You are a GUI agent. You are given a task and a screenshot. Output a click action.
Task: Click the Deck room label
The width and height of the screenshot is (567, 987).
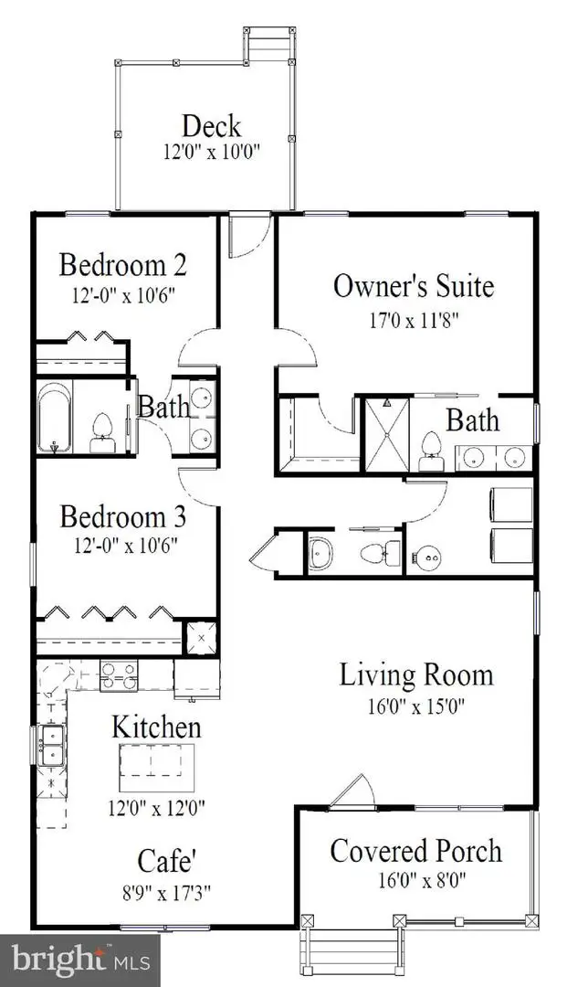coord(211,126)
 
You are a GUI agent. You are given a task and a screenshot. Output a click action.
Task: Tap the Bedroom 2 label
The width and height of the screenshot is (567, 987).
coord(123,265)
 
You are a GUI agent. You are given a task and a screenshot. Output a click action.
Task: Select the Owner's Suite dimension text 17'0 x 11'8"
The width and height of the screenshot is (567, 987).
coord(414,321)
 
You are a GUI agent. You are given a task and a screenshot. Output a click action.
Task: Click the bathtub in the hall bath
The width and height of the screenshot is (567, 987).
coord(55,416)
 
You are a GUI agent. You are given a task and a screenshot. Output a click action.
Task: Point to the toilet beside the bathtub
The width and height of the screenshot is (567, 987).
coord(102,434)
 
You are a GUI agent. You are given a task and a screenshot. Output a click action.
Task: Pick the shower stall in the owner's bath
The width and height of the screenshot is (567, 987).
coord(387,434)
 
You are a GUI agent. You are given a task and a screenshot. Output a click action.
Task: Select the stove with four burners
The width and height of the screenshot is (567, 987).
coord(119,675)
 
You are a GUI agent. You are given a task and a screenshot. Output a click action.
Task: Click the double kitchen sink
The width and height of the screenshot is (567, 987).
coord(51,746)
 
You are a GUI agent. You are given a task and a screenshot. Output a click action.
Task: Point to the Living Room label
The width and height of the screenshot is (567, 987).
coord(416,674)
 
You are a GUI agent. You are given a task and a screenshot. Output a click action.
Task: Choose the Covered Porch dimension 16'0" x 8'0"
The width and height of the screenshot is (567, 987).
coord(421,879)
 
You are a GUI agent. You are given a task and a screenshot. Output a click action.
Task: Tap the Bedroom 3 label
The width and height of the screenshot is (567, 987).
coord(123,517)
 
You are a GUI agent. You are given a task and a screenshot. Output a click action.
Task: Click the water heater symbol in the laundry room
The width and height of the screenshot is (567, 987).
coord(426,556)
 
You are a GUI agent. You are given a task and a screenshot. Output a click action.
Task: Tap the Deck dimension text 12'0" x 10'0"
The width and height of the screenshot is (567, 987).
coord(212,153)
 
